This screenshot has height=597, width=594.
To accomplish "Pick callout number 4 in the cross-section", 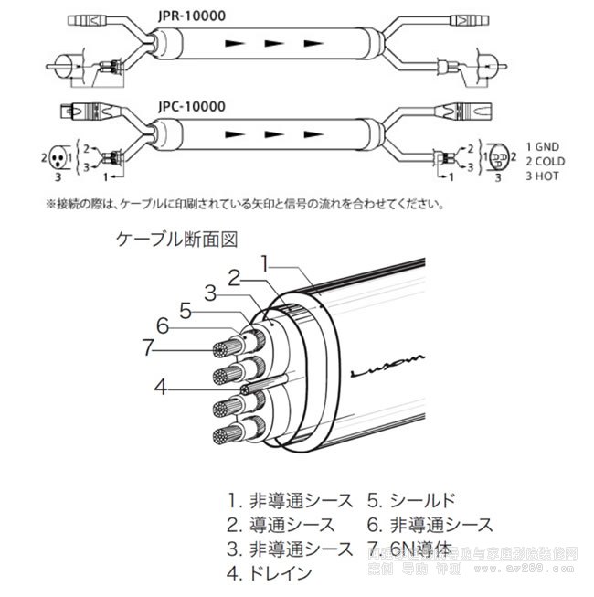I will tap(161, 386).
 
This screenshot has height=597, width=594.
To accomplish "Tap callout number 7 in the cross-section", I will tap(148, 346).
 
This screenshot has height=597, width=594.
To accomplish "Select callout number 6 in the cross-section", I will tap(163, 325).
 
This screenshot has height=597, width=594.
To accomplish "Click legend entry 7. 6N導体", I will tap(409, 549).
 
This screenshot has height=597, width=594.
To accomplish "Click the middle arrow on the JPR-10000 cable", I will tap(271, 43).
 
